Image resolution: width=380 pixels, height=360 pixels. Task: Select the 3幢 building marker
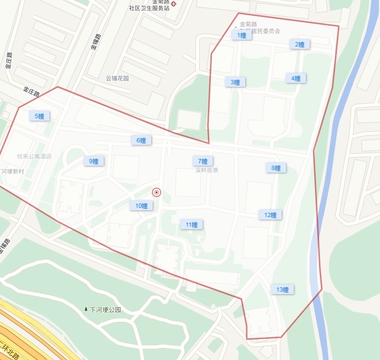coord(235,82)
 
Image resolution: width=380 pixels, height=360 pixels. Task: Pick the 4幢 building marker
coord(296,78)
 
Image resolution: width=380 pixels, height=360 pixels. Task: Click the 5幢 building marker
coord(39,116)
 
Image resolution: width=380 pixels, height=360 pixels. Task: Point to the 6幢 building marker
coord(141,141)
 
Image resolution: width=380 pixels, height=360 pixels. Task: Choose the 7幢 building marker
coord(203,161)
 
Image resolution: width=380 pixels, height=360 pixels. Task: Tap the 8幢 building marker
coord(276,168)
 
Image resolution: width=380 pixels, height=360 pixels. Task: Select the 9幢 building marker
coord(94,161)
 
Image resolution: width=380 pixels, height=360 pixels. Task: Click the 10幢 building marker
coord(141,206)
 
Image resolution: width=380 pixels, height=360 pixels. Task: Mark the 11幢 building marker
coord(191,225)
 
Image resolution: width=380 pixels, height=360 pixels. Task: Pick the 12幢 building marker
coord(270,215)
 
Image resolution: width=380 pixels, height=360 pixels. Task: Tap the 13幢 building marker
coord(282,290)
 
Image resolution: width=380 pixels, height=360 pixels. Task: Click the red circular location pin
coord(157,192)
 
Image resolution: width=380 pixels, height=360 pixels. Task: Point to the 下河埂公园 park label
coord(105,310)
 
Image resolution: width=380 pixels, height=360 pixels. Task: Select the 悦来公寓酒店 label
coord(34,157)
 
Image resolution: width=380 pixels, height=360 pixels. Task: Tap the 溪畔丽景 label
coord(206,171)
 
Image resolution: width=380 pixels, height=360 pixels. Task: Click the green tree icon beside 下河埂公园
coord(86,309)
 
